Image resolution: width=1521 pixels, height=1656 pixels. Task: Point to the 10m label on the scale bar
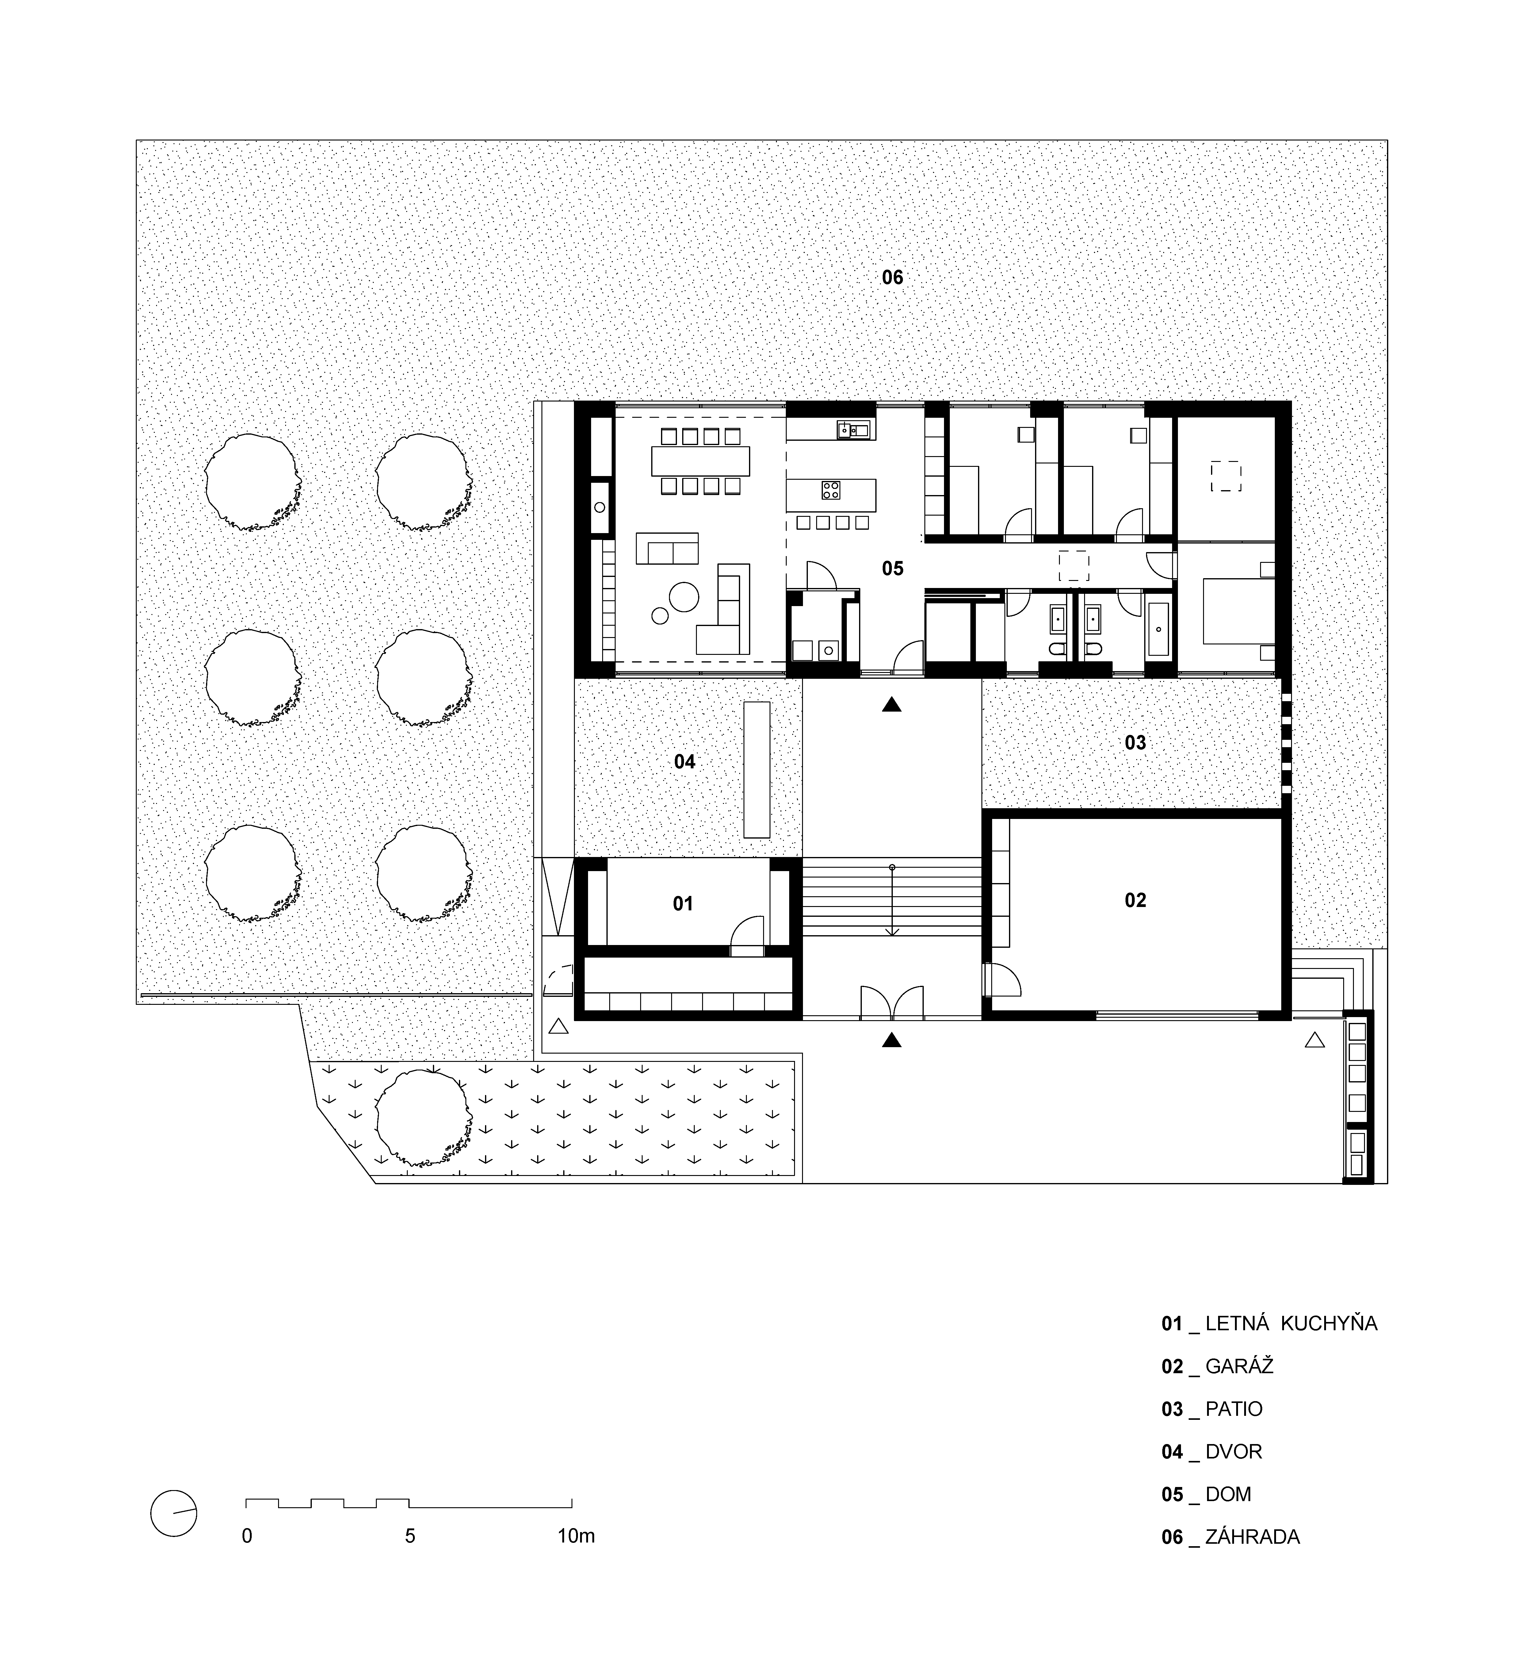coord(576,1536)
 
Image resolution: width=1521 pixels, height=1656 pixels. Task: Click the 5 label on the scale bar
coord(410,1536)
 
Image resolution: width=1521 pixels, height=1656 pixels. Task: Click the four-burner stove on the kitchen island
coord(831,491)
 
